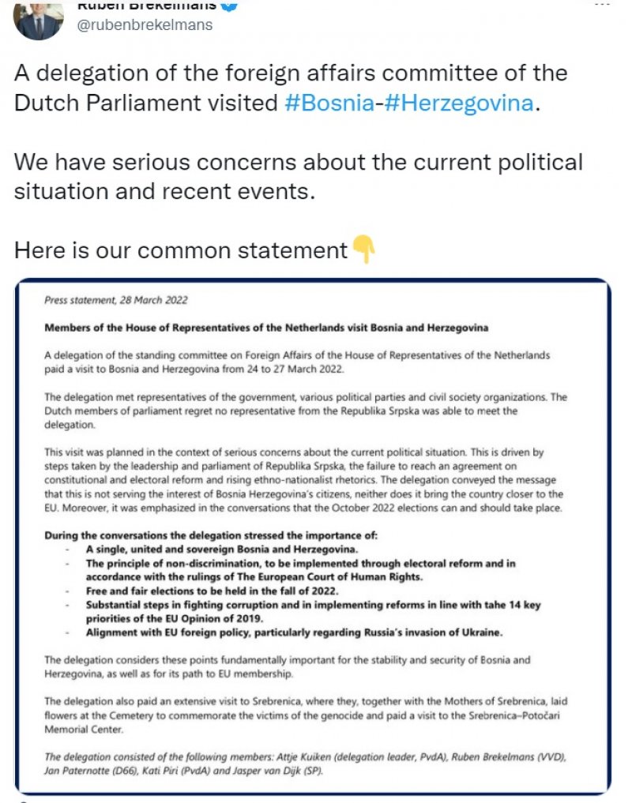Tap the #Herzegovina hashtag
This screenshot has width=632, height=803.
click(x=459, y=103)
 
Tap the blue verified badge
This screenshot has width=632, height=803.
click(x=228, y=6)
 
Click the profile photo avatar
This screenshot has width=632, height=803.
click(x=38, y=20)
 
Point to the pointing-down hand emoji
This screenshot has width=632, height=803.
click(x=363, y=250)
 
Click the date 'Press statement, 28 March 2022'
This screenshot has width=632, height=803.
click(x=116, y=301)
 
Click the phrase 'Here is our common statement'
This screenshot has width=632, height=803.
click(x=180, y=250)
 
